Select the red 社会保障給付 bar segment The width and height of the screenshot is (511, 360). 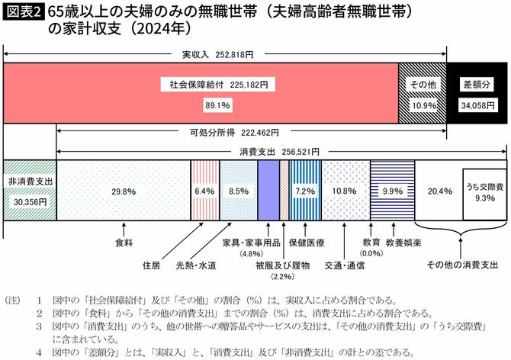(201, 94)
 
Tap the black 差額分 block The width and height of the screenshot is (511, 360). (476, 94)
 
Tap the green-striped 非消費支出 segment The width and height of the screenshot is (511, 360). (29, 191)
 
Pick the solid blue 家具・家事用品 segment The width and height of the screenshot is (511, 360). (268, 191)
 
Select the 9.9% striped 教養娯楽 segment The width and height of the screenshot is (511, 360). (392, 191)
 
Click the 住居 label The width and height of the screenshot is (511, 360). (152, 265)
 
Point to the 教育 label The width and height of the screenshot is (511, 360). (371, 242)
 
